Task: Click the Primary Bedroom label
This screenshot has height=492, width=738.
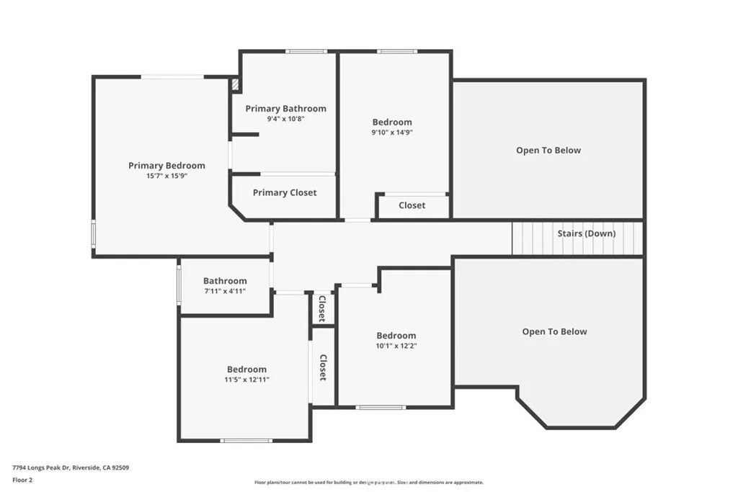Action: pyautogui.click(x=166, y=166)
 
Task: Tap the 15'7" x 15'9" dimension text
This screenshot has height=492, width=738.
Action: pyautogui.click(x=166, y=176)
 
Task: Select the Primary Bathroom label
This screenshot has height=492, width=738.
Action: pyautogui.click(x=285, y=109)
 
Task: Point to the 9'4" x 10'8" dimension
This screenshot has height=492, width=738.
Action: pyautogui.click(x=285, y=119)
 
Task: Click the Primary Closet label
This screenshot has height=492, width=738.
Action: pyautogui.click(x=285, y=192)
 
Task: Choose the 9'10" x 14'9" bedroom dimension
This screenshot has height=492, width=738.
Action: pyautogui.click(x=392, y=133)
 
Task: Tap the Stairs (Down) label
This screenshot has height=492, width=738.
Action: pyautogui.click(x=586, y=233)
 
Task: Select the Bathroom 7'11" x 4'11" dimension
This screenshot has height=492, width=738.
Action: pyautogui.click(x=225, y=291)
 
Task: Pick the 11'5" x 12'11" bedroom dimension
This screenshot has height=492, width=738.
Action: pyautogui.click(x=246, y=380)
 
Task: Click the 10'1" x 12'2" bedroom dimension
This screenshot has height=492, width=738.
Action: pyautogui.click(x=396, y=346)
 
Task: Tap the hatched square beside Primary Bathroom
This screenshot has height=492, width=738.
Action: pyautogui.click(x=235, y=85)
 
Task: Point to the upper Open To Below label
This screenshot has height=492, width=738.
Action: pyautogui.click(x=548, y=151)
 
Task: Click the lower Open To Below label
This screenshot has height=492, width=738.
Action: pyautogui.click(x=554, y=332)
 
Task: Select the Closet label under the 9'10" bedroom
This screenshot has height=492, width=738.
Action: pyautogui.click(x=412, y=205)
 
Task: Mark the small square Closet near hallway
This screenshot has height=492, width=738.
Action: pyautogui.click(x=322, y=308)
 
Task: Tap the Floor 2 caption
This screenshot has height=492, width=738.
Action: pyautogui.click(x=23, y=479)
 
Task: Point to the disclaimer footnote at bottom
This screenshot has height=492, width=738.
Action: pyautogui.click(x=368, y=483)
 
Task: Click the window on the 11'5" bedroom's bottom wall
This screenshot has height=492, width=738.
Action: pyautogui.click(x=246, y=440)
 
